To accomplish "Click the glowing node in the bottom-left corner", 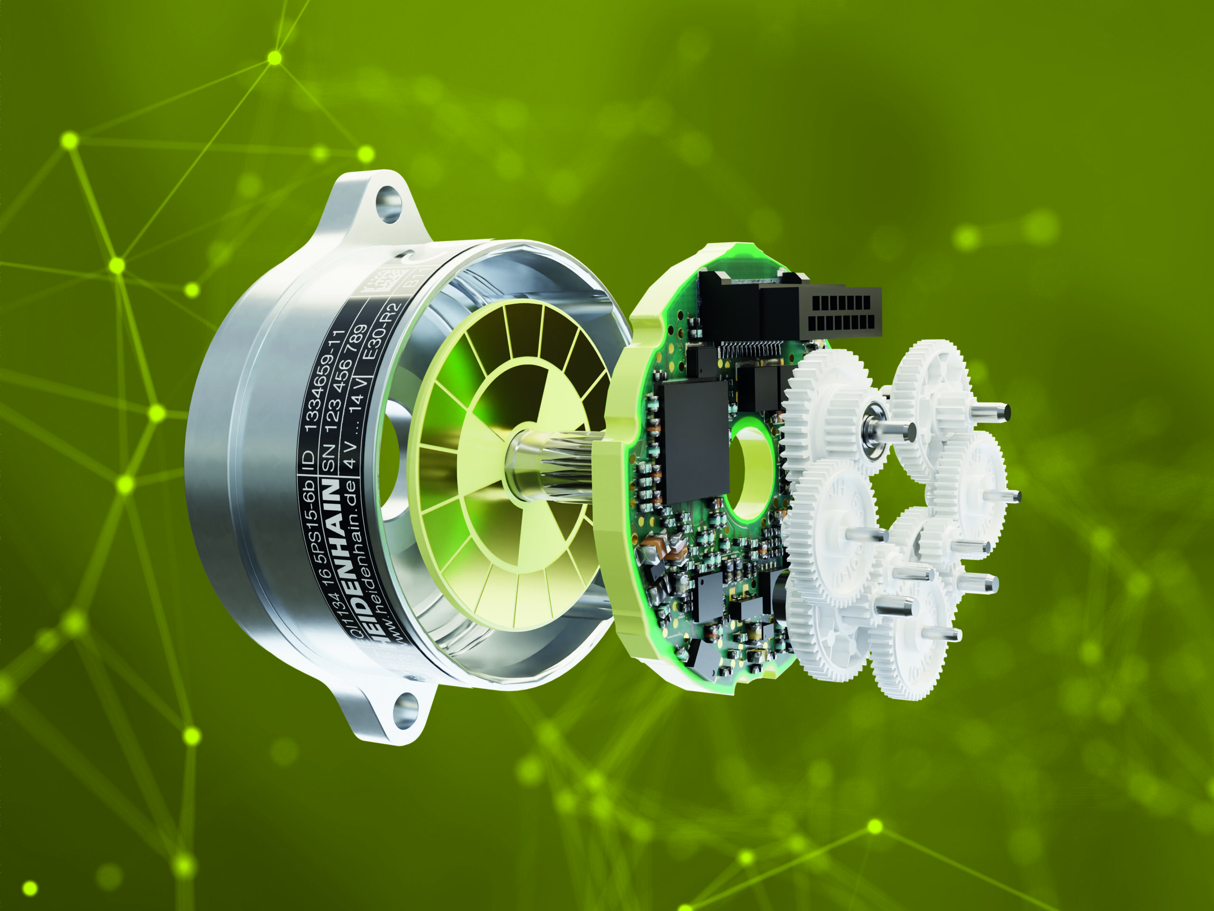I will tap(30, 888).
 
